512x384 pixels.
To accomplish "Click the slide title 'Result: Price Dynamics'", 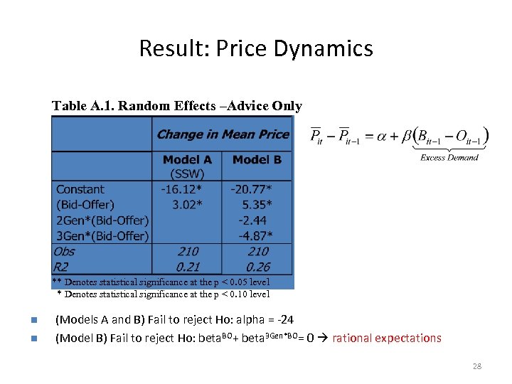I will tap(256, 48).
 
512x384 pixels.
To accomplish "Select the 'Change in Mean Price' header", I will tap(223, 134).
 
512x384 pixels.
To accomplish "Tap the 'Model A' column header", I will tap(187, 160).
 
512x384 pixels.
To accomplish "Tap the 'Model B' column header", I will tap(257, 160).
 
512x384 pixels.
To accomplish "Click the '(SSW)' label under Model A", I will tap(187, 174).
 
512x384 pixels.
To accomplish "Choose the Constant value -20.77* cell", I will tap(252, 190).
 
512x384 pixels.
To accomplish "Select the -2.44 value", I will tap(253, 220).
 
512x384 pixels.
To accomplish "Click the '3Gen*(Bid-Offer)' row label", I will tap(102, 236).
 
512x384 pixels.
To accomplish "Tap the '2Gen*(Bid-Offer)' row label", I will tap(102, 220).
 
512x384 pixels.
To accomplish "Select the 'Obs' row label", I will tap(64, 251).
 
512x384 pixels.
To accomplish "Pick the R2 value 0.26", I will tap(257, 267).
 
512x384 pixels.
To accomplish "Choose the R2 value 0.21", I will tap(188, 267).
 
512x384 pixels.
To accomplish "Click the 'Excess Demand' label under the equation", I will tap(449, 158).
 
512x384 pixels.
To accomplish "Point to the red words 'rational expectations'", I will tap(387, 338).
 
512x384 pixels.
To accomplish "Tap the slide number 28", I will tap(477, 366).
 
